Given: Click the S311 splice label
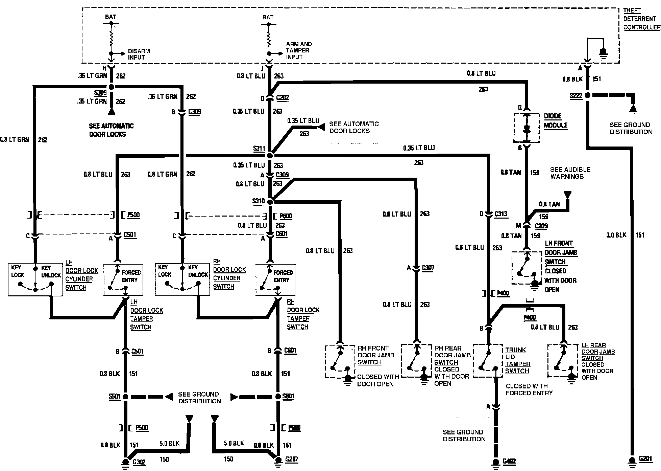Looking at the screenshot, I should tap(259, 149).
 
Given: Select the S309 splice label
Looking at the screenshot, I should tap(101, 93).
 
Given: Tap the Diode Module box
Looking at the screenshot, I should tap(527, 128).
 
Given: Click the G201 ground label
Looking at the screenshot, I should tap(645, 459).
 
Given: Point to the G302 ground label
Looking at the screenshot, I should tap(139, 462).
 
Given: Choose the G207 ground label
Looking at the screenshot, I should tap(292, 459).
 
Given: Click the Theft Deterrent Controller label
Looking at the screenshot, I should tap(641, 19).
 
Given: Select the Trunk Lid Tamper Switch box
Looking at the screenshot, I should tap(488, 361).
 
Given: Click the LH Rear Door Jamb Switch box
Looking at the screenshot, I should tap(563, 361).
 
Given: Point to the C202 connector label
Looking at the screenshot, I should tap(283, 98).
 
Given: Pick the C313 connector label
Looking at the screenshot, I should tap(501, 214).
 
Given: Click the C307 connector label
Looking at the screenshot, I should tap(428, 268).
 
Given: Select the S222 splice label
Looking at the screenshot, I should tap(576, 96).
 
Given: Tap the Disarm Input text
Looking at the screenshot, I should tap(139, 54).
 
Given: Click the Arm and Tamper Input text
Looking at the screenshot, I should tap(299, 50).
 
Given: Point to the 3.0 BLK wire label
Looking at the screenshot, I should tap(616, 235).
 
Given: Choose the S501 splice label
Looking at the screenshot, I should tap(114, 397).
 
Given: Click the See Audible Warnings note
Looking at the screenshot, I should tap(570, 173).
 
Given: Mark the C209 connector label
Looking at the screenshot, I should tap(541, 226).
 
